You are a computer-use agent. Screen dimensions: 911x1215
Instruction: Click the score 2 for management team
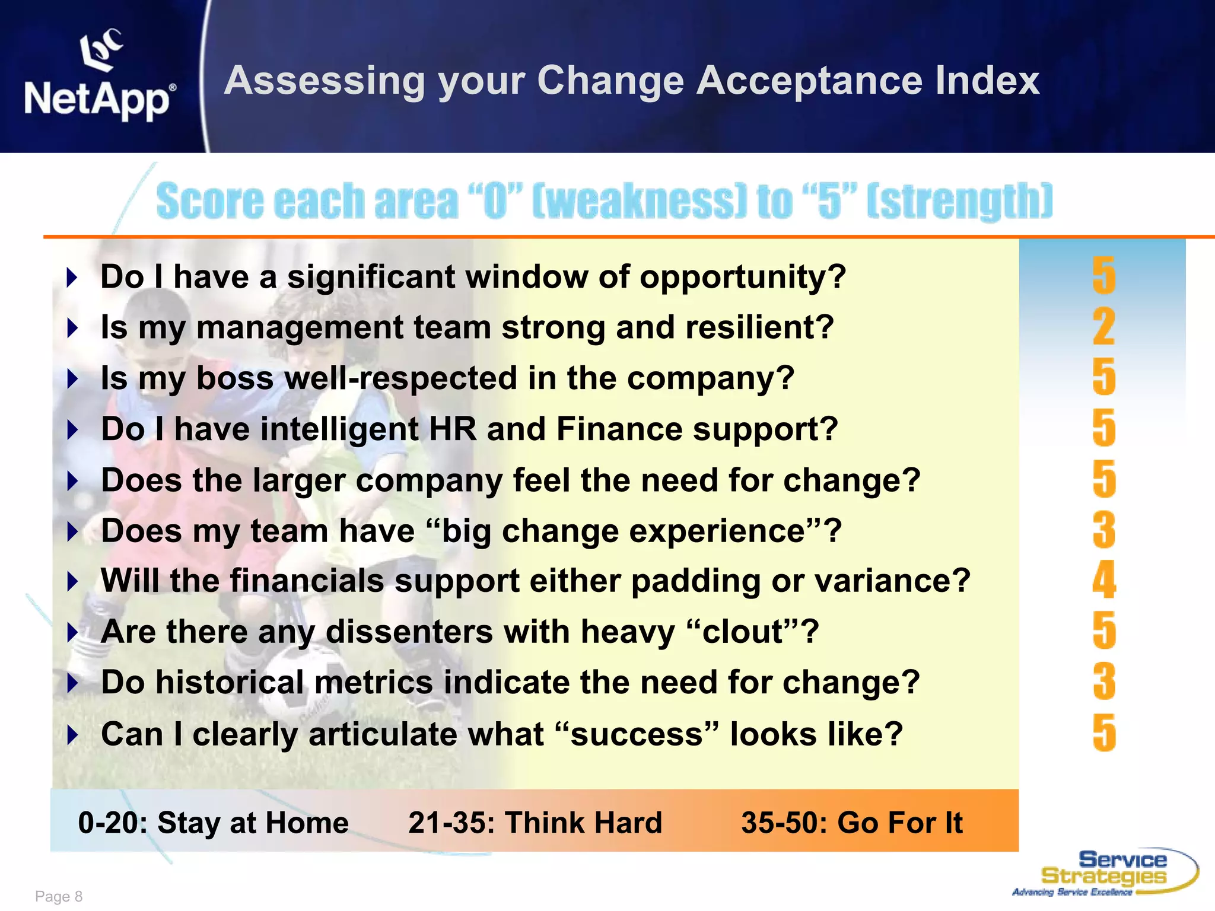pos(1103,327)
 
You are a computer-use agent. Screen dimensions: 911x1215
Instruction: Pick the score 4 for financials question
pos(1103,581)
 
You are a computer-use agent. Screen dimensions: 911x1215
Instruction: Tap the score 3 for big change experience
pos(1103,530)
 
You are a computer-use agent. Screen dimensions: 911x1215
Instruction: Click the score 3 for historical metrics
pos(1103,682)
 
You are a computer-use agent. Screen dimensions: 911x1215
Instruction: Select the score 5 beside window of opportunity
pos(1103,276)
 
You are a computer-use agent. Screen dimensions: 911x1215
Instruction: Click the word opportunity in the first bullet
pos(742,278)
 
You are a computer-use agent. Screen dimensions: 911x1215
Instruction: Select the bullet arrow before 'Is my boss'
pos(72,378)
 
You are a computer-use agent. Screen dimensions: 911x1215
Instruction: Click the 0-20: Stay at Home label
pos(213,823)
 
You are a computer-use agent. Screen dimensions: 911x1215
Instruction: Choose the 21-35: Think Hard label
pos(535,823)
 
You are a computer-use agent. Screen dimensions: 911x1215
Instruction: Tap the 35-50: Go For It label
pos(851,823)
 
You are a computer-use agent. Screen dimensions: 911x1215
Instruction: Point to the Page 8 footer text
pos(59,896)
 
